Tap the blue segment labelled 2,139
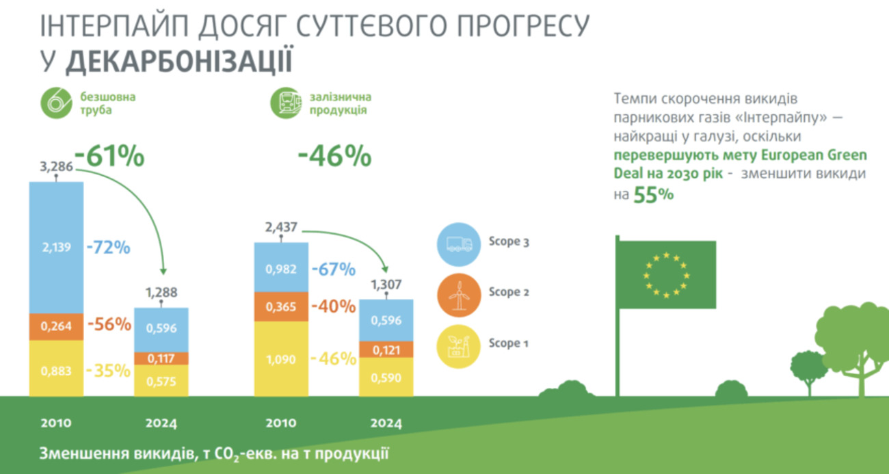(56, 247)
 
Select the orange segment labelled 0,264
(56, 326)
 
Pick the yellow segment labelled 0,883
(56, 370)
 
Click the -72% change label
(109, 247)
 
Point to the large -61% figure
(109, 157)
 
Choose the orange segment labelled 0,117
(161, 358)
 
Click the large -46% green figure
(334, 157)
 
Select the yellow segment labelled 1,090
(281, 358)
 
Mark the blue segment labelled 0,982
(281, 269)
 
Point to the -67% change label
(333, 269)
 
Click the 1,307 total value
(386, 285)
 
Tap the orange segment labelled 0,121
(386, 350)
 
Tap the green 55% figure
(653, 195)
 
